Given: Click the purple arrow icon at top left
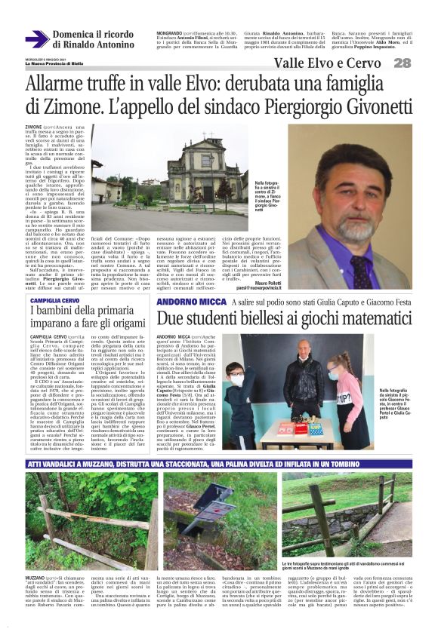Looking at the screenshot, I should (36, 39).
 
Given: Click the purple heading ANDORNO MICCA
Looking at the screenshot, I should (187, 302).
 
